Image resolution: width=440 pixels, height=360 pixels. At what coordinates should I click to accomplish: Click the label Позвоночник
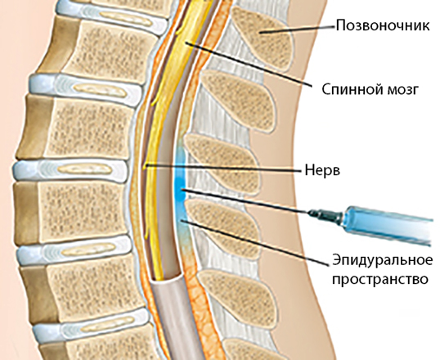tap(383, 25)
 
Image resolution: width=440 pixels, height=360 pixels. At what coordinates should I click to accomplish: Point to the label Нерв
tap(322, 170)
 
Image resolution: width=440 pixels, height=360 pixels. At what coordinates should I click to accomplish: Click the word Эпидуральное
tap(383, 260)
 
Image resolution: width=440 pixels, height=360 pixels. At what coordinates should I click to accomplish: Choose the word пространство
tap(380, 279)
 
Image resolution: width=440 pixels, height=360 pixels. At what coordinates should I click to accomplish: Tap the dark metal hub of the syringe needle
tap(326, 215)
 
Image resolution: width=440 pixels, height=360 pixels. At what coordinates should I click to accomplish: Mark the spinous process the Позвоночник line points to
tap(263, 38)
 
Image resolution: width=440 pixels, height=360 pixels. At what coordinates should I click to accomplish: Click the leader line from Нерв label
tap(222, 168)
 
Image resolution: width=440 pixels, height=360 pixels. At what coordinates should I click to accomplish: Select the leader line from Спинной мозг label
tap(249, 64)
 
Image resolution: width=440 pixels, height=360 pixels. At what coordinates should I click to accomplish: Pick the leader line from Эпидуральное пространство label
tap(254, 242)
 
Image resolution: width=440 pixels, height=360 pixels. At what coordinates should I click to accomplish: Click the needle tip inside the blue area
tap(182, 190)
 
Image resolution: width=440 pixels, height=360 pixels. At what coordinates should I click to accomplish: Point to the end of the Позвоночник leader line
tap(260, 33)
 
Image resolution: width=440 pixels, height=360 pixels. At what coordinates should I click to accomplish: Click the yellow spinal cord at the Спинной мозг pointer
tap(186, 43)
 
